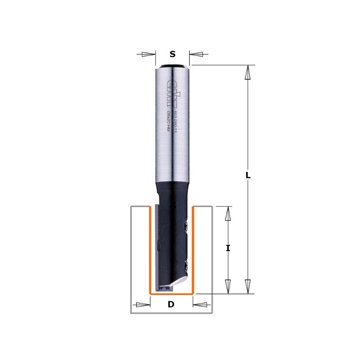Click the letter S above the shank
point(172,54)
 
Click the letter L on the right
point(247,175)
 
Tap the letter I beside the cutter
point(228,248)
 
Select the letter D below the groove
point(171,305)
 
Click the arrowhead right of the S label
point(197,54)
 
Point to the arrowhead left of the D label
point(143,305)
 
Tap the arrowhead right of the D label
point(200,305)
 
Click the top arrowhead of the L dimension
point(247,72)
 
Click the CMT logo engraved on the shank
point(171,88)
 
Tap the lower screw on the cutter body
point(185,265)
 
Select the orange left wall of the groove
point(150,250)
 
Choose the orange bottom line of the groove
point(171,293)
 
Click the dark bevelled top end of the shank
point(172,67)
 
